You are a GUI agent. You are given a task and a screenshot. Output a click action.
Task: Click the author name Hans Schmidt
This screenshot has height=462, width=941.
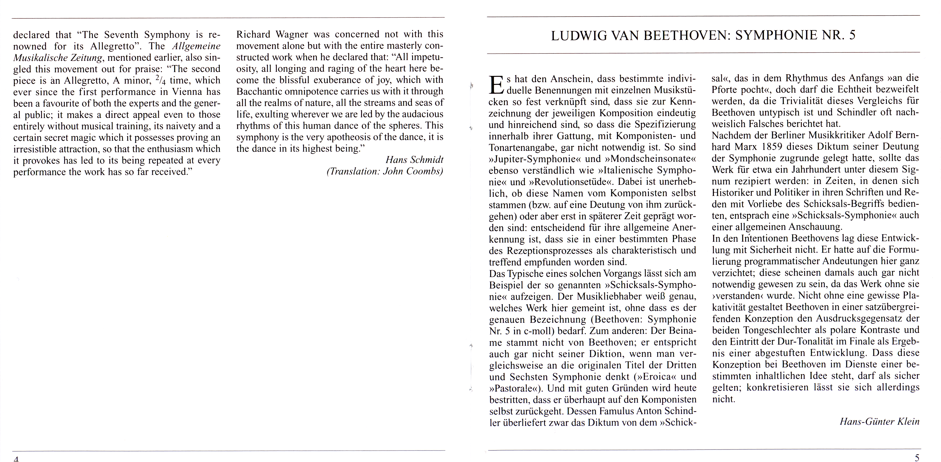[414, 160]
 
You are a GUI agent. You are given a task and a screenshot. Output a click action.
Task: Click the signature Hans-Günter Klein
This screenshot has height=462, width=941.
[879, 421]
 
